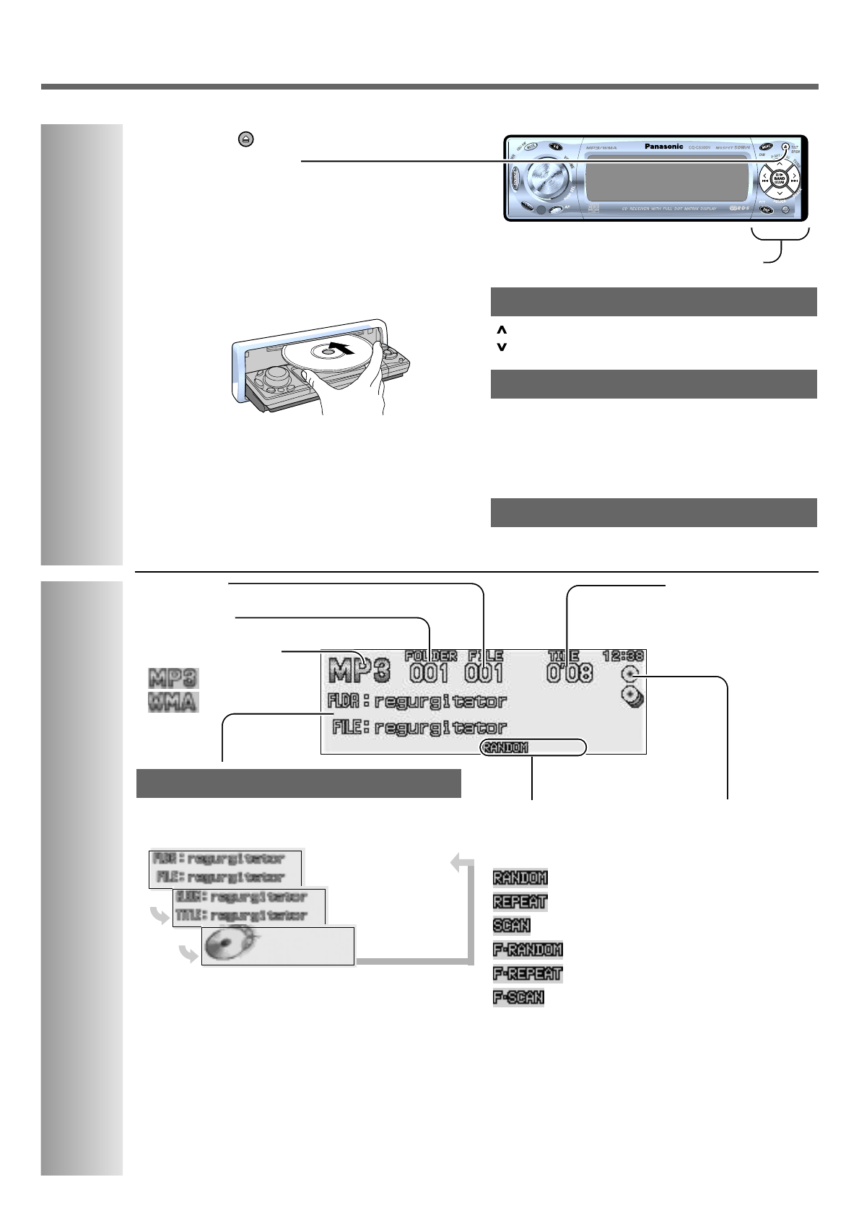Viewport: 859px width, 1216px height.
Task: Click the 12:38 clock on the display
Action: tap(624, 656)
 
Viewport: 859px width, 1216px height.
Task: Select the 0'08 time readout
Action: tap(570, 674)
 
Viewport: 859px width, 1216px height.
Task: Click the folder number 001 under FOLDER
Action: tap(429, 674)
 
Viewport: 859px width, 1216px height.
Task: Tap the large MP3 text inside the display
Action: tap(359, 671)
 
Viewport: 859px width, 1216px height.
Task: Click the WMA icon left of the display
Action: tap(173, 702)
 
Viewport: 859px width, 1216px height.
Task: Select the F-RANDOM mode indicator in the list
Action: tap(528, 949)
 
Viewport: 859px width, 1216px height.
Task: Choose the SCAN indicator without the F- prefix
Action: tap(511, 925)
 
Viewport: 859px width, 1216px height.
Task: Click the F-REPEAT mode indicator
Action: tap(527, 973)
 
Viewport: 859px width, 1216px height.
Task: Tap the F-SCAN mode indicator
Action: tap(518, 997)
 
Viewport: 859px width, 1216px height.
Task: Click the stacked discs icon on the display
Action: tap(632, 698)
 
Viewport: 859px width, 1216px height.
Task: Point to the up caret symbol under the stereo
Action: tap(502, 330)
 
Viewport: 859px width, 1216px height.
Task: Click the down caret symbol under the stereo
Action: tap(502, 347)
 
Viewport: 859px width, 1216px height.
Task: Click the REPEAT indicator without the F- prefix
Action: tap(520, 901)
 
